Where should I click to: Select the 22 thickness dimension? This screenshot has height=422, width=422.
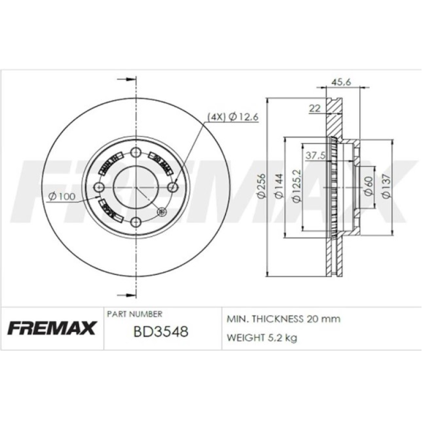(314, 109)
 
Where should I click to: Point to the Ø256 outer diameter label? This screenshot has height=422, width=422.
(260, 188)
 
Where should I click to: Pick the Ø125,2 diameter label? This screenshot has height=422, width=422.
(295, 188)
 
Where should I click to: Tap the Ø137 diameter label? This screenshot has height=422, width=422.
(386, 188)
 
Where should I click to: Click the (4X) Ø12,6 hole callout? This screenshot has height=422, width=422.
(232, 117)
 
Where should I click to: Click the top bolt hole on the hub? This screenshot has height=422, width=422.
(136, 153)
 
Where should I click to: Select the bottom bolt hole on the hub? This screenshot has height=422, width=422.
(136, 222)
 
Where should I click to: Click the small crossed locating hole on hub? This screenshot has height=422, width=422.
(162, 212)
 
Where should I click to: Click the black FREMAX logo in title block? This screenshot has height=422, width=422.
(52, 328)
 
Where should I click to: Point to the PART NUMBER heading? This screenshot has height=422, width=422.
(135, 313)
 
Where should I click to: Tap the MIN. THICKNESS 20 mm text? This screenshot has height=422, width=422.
(283, 319)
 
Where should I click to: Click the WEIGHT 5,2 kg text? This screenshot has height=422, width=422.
(262, 338)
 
